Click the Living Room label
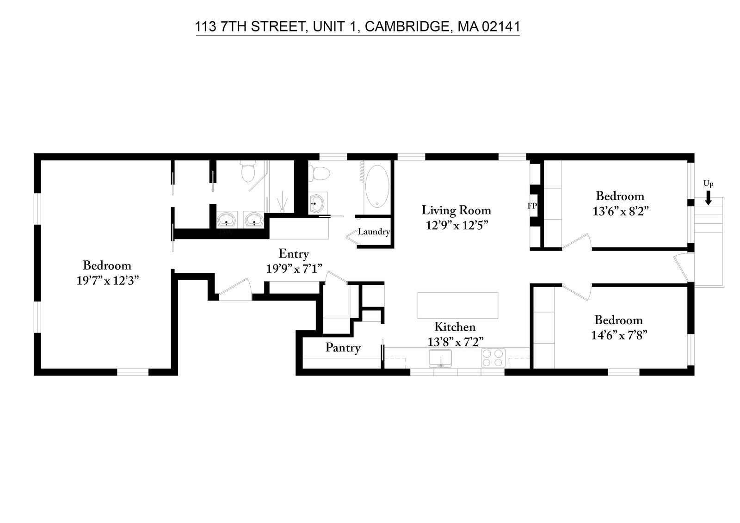(456, 210)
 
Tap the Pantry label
(343, 348)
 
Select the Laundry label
(374, 232)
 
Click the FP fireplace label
(532, 206)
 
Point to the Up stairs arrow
(708, 199)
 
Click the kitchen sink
(440, 358)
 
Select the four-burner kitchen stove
(493, 358)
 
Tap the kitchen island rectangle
(457, 305)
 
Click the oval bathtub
(377, 187)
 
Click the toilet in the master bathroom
(248, 172)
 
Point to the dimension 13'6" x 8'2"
(620, 211)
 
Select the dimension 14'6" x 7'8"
(618, 335)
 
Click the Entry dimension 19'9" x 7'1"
(294, 269)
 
